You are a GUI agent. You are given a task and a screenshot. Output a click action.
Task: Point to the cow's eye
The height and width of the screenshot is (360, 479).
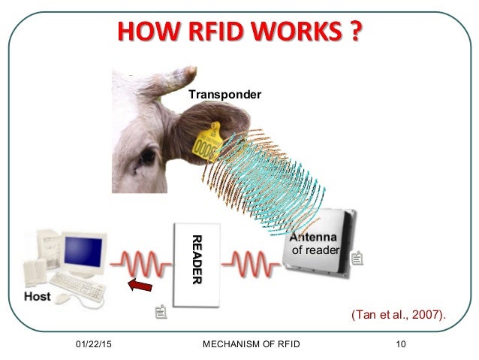[x=142, y=159]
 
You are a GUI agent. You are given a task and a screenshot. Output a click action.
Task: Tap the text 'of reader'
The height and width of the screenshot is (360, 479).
[x=315, y=250]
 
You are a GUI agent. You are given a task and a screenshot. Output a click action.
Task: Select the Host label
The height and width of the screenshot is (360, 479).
[x=38, y=296]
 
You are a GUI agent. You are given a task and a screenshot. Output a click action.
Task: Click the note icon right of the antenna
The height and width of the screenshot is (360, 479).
[x=357, y=259]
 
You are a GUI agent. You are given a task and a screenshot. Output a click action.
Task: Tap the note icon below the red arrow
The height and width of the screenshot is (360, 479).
[x=159, y=311]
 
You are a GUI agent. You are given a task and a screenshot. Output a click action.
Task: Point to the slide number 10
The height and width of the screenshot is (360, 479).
[x=400, y=345]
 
